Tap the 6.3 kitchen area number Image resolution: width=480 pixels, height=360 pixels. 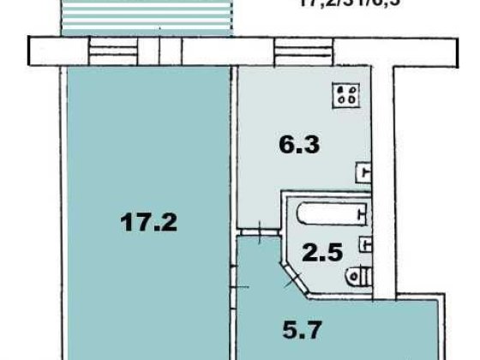pos(299,145)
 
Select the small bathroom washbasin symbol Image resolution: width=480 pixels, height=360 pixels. pos(365,243)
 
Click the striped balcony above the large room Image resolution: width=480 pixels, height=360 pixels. pos(147,18)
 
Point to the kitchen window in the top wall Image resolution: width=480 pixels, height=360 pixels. pos(302,50)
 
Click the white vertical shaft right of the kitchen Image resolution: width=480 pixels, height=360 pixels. pos(387,171)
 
